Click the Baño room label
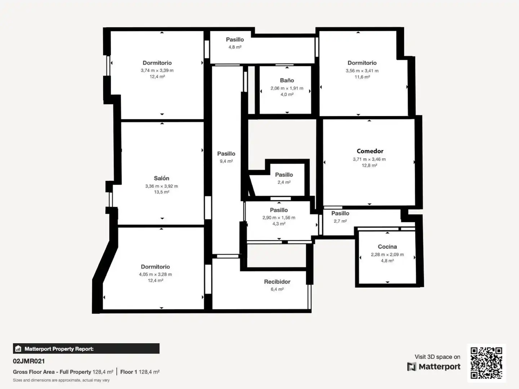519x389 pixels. pyautogui.click(x=287, y=80)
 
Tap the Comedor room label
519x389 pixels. pyautogui.click(x=370, y=151)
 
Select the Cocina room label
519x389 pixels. pyautogui.click(x=387, y=247)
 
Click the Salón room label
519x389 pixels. pyautogui.click(x=161, y=178)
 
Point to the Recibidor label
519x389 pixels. pyautogui.click(x=277, y=282)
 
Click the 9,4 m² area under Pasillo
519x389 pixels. pyautogui.click(x=226, y=161)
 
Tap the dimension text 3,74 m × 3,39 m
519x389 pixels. pyautogui.click(x=157, y=70)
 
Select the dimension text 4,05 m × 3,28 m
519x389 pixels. pyautogui.click(x=155, y=274)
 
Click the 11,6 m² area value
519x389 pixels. pyautogui.click(x=362, y=77)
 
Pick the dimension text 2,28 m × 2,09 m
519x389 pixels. pyautogui.click(x=387, y=255)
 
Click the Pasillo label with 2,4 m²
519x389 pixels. pyautogui.click(x=284, y=175)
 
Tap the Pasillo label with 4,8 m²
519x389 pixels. pyautogui.click(x=235, y=40)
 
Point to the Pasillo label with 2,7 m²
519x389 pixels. pyautogui.click(x=340, y=213)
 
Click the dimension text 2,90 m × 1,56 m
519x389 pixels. pyautogui.click(x=279, y=218)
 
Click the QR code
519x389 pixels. pyautogui.click(x=486, y=363)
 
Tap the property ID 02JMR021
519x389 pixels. pyautogui.click(x=29, y=361)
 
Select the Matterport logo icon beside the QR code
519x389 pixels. pyautogui.click(x=412, y=367)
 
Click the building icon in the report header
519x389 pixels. pyautogui.click(x=18, y=349)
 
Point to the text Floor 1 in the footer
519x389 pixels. pyautogui.click(x=129, y=372)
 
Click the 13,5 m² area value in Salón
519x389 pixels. pyautogui.click(x=161, y=192)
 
